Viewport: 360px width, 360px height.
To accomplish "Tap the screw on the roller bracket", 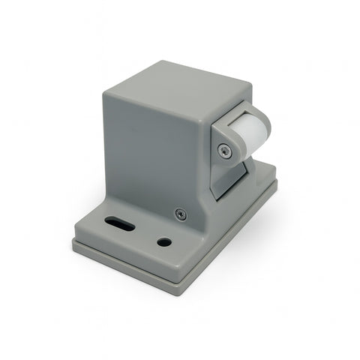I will (223, 151).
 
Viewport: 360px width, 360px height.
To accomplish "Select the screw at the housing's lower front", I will (179, 214).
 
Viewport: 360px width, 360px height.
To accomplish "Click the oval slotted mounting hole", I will (120, 224).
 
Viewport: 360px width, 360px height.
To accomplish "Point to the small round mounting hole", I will (164, 242).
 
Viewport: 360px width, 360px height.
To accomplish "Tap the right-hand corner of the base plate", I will (275, 182).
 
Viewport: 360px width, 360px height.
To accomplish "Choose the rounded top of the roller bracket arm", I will (225, 128).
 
